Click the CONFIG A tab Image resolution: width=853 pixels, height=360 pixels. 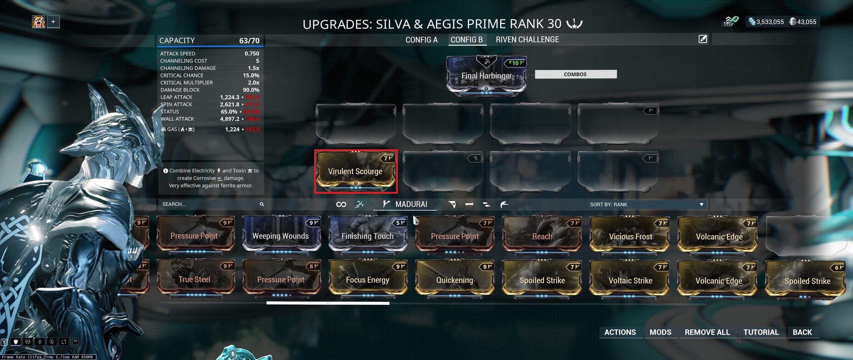tap(421, 40)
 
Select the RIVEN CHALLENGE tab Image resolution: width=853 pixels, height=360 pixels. tap(527, 40)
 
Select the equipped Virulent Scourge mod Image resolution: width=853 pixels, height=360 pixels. tap(355, 171)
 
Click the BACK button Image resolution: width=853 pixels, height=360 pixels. tap(802, 332)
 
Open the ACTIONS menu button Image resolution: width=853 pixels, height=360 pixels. tap(620, 332)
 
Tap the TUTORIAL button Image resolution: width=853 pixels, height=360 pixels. tap(761, 332)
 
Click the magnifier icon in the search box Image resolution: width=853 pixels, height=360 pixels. tap(262, 204)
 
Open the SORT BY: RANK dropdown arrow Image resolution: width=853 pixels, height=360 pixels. tap(701, 204)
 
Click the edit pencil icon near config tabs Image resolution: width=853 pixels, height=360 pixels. tap(703, 39)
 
